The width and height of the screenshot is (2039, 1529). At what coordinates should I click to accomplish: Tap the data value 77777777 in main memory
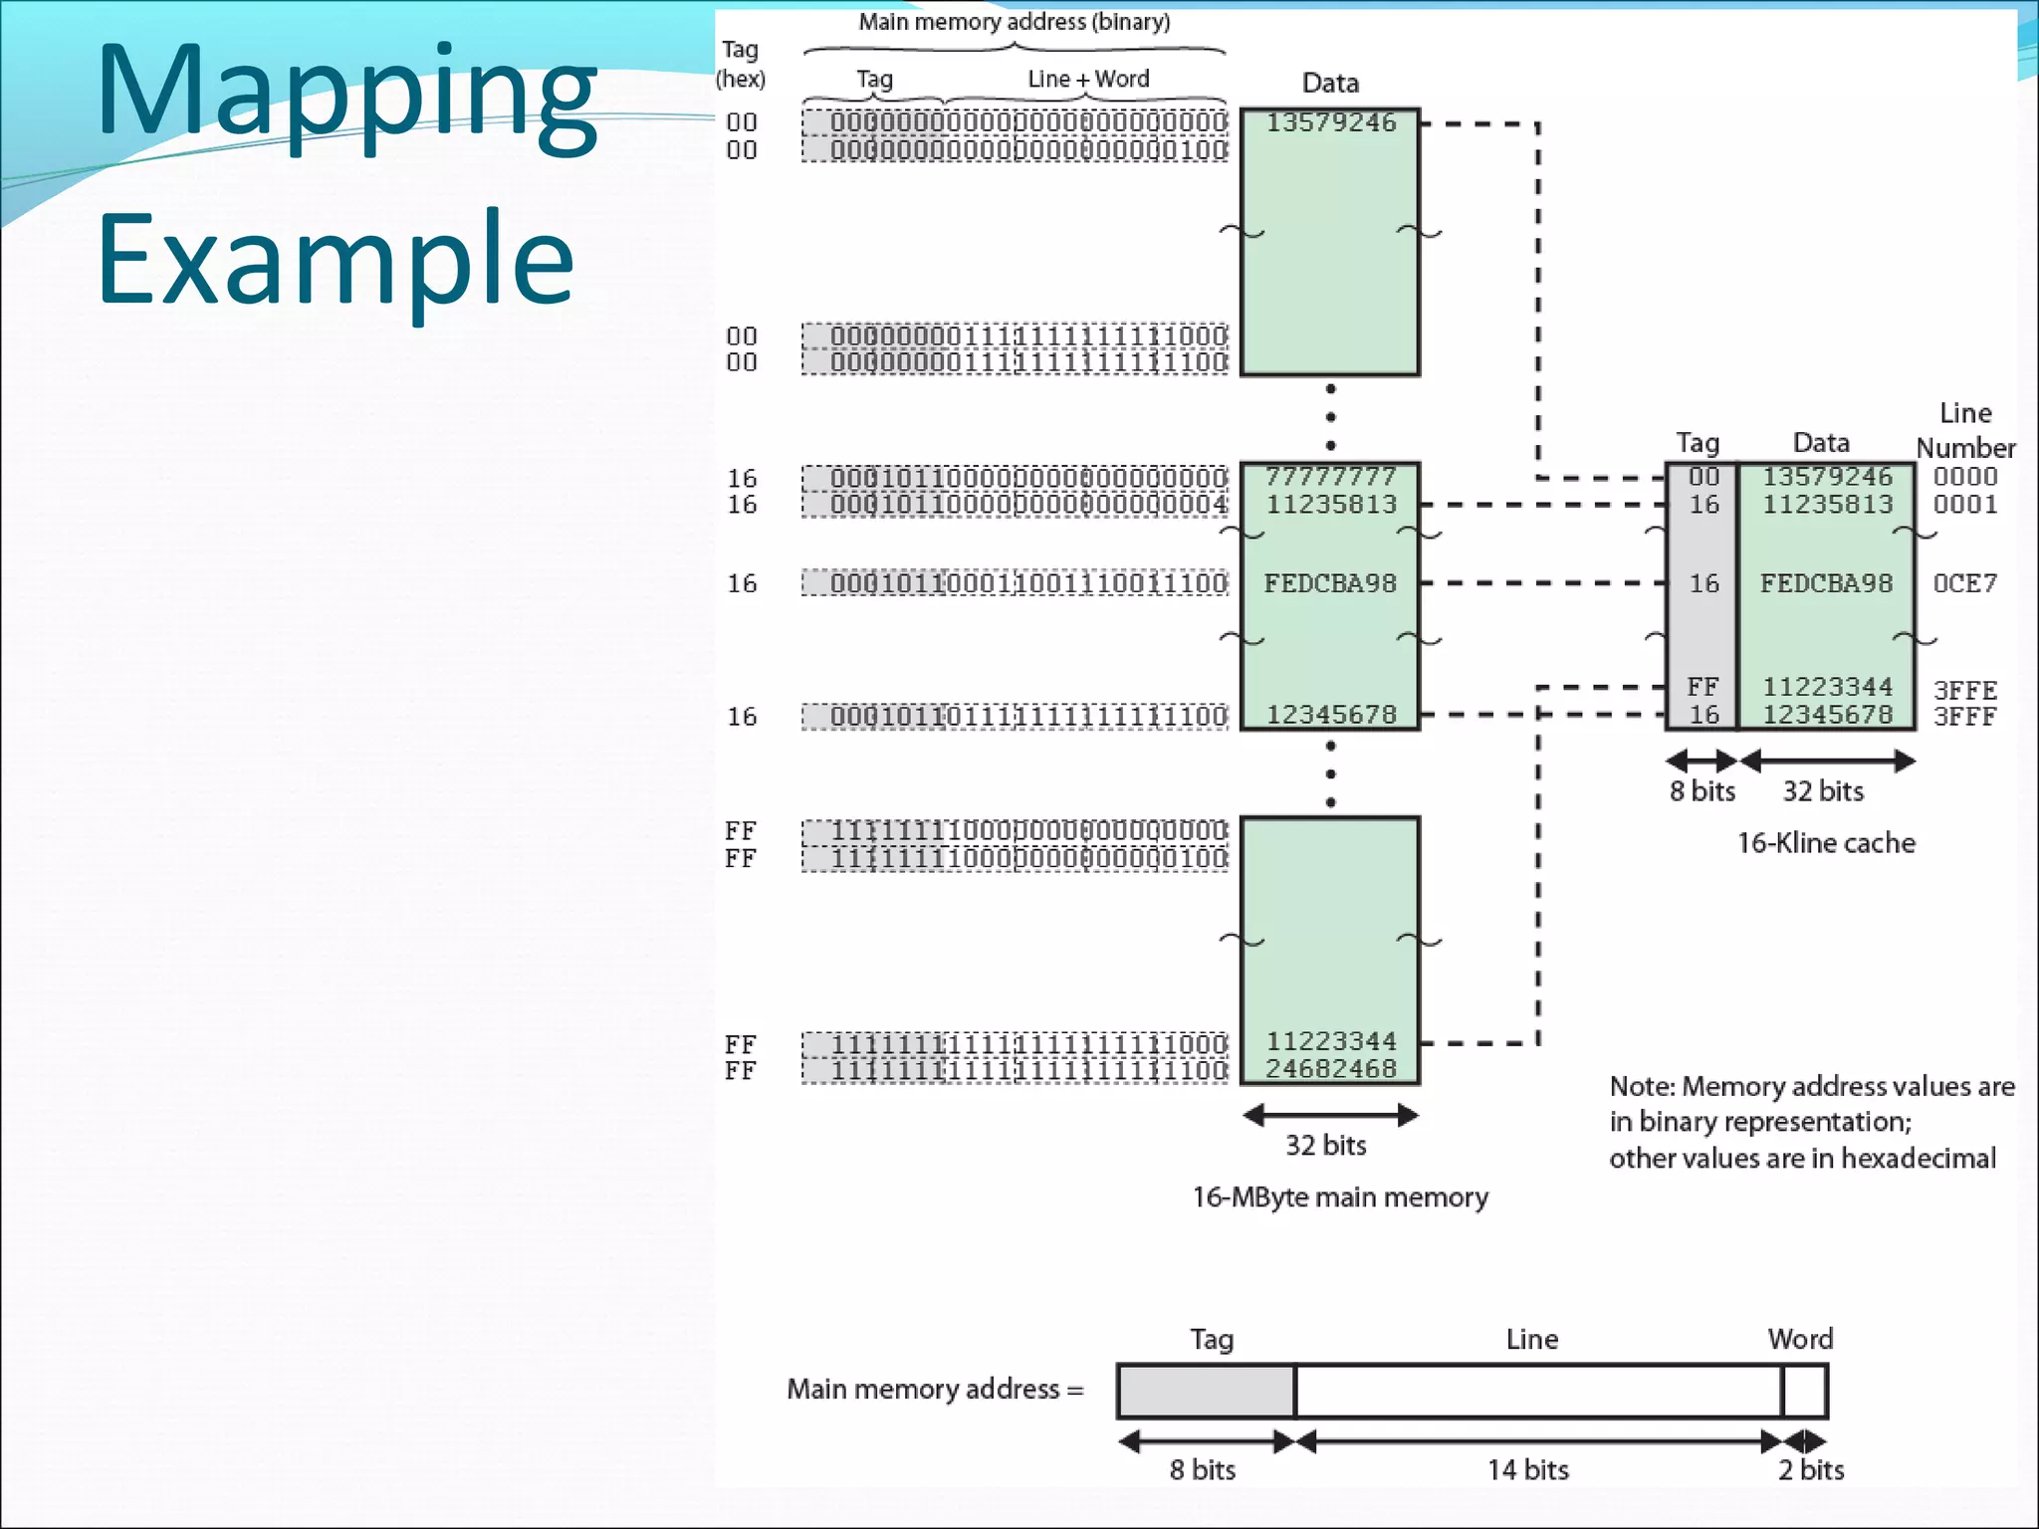coord(1330,477)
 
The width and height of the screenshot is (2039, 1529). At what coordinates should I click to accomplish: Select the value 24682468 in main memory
coord(1331,1069)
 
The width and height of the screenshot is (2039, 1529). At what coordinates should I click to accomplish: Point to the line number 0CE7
coord(1964,583)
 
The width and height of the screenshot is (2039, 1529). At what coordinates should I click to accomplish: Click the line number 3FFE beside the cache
coord(1964,690)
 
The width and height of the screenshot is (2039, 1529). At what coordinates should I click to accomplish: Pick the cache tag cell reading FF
coord(1702,687)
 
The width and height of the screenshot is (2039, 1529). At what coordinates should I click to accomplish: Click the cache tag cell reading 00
coord(1703,477)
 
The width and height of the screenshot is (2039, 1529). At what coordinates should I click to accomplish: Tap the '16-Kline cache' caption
coord(1826,843)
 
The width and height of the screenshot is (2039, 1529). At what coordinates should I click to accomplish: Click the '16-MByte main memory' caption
coord(1340,1197)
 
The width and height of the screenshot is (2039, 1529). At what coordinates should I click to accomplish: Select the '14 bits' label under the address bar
coord(1528,1469)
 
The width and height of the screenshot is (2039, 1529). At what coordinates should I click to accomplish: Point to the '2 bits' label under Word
coord(1811,1469)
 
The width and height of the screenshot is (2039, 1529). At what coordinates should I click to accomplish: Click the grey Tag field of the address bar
coord(1206,1391)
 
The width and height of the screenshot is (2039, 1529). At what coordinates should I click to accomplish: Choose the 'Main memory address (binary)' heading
coord(1015,22)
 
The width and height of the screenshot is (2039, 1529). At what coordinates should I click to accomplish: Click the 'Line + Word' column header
coord(1088,79)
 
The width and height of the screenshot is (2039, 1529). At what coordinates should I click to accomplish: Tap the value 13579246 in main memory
coord(1331,122)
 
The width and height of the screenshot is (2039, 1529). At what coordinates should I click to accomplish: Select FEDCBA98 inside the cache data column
coord(1826,583)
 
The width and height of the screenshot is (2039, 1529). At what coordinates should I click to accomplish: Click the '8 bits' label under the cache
coord(1702,791)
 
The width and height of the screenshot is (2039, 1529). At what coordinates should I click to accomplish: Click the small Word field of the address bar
coord(1804,1391)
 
